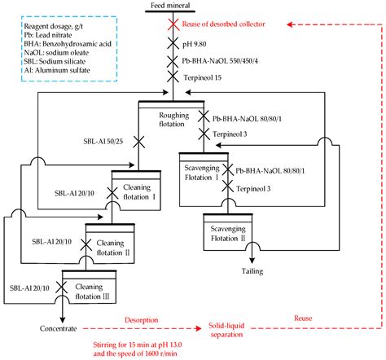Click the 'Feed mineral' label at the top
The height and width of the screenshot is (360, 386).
172,6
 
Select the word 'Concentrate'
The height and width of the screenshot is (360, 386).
50,328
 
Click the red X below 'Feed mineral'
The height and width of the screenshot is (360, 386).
172,23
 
